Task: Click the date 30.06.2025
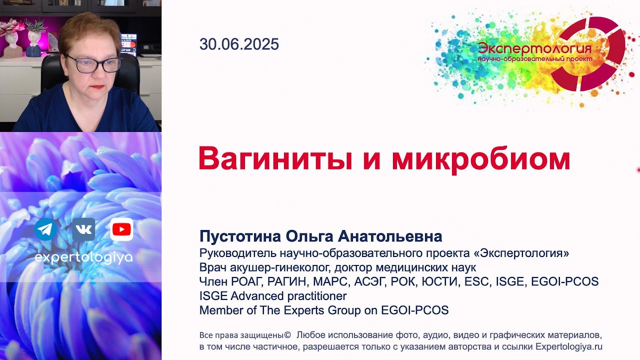click(x=239, y=44)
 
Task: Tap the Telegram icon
click(x=45, y=229)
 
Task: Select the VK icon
click(x=83, y=229)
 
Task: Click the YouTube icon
click(x=121, y=229)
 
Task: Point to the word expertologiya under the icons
click(x=83, y=257)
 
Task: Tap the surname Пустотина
click(x=240, y=236)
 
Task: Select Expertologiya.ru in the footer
click(x=569, y=346)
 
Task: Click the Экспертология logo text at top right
click(x=534, y=49)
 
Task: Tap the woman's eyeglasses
click(x=92, y=63)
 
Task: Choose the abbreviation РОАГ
click(x=240, y=281)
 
